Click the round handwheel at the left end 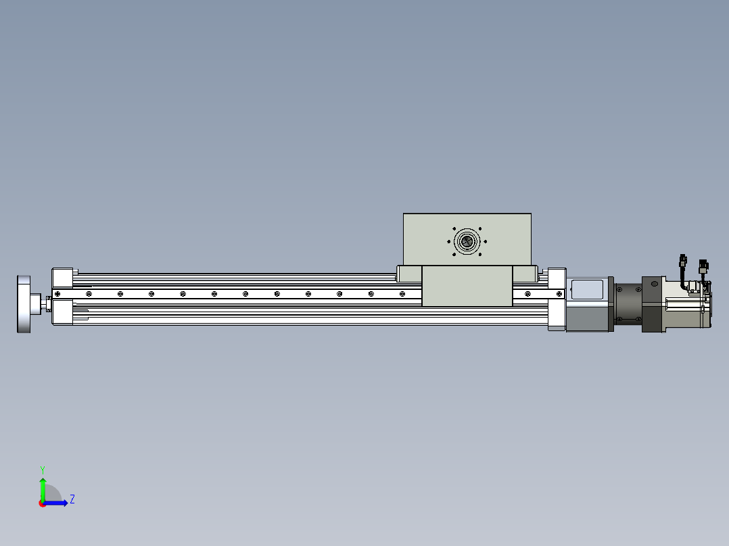[24, 304]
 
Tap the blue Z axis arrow [55, 503]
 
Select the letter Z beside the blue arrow [72, 499]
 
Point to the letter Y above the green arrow [43, 470]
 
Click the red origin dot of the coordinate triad [42, 503]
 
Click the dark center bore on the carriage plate [467, 241]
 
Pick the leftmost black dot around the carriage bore [448, 242]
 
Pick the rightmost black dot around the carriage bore [486, 242]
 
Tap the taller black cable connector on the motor [683, 260]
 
